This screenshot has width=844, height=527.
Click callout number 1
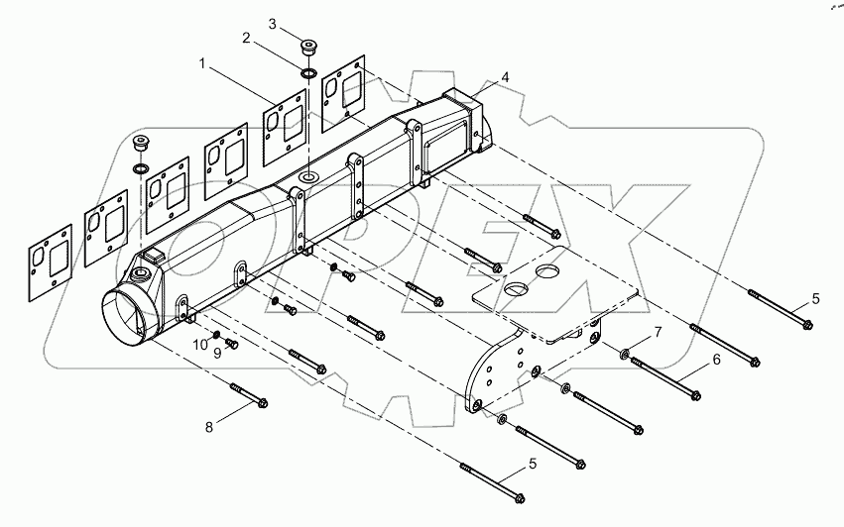tap(203, 63)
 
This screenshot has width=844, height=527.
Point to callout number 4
tap(505, 76)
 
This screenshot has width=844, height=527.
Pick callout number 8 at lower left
tap(207, 428)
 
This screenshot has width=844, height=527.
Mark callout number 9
tap(216, 353)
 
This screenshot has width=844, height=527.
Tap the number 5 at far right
tap(815, 298)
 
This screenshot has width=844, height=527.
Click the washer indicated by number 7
tap(626, 353)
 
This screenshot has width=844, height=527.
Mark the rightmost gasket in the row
tap(340, 87)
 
